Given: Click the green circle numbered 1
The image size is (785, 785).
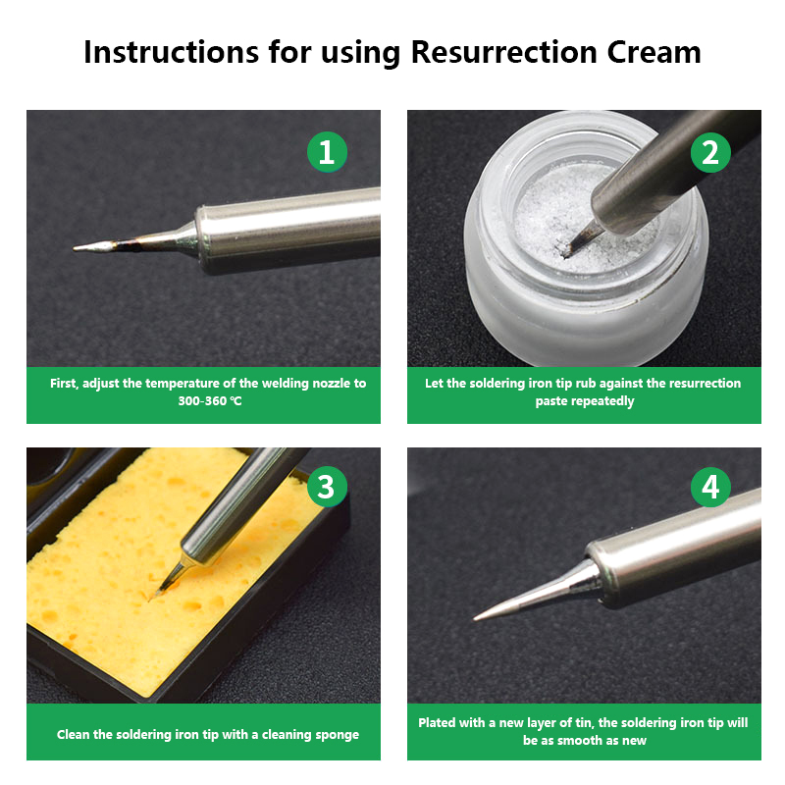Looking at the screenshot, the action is click(x=327, y=152).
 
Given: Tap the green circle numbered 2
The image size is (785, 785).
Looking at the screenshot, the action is click(x=710, y=152).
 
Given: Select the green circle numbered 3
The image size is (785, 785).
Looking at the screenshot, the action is click(x=327, y=487).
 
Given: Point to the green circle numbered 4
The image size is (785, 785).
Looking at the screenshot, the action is click(x=710, y=487).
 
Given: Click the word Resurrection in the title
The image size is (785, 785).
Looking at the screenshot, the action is click(x=504, y=52).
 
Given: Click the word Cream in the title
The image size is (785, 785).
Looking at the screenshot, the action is click(x=654, y=52).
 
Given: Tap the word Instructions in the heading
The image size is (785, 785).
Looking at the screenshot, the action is click(x=171, y=52).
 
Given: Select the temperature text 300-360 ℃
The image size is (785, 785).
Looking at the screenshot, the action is click(x=210, y=401).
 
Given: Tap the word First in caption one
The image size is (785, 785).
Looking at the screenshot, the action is click(x=64, y=384).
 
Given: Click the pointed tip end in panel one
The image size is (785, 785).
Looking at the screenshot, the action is click(x=75, y=248).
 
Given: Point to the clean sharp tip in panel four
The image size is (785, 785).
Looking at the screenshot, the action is click(x=475, y=620).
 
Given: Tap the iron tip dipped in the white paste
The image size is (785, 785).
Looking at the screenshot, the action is click(x=566, y=256).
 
